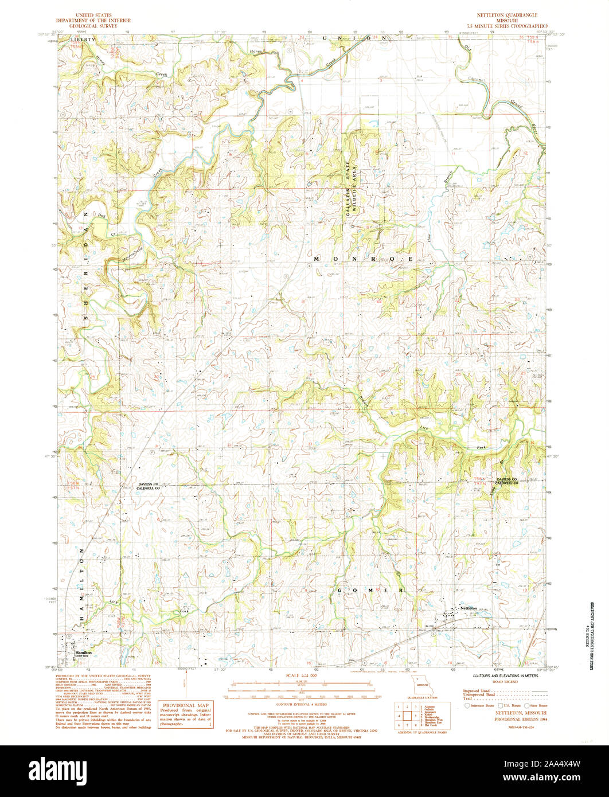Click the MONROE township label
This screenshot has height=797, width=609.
pyautogui.click(x=363, y=260)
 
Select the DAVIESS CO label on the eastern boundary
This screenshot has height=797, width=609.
pyautogui.click(x=507, y=479)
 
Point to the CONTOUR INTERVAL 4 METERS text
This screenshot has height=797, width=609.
pyautogui.click(x=301, y=704)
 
